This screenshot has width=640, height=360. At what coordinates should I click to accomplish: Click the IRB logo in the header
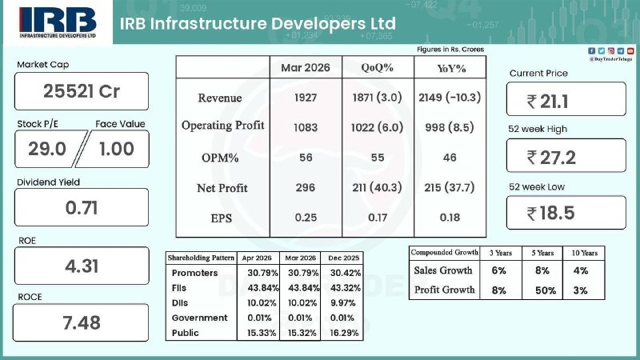pyautogui.click(x=58, y=22)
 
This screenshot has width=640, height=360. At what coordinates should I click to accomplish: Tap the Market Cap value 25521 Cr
pyautogui.click(x=82, y=91)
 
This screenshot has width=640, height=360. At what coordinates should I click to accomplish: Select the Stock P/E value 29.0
pyautogui.click(x=47, y=149)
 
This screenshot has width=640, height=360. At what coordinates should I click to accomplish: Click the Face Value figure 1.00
pyautogui.click(x=117, y=149)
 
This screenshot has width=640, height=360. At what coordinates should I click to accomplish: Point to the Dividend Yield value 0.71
pyautogui.click(x=82, y=208)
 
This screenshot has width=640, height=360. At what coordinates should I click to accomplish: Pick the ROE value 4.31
pyautogui.click(x=82, y=266)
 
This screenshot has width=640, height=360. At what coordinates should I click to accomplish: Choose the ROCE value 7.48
pyautogui.click(x=82, y=323)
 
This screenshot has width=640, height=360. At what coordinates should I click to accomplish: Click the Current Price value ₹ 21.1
pyautogui.click(x=547, y=102)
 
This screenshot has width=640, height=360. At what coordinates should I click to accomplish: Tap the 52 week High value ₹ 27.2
pyautogui.click(x=551, y=158)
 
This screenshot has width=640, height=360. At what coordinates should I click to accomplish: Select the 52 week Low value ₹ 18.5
pyautogui.click(x=550, y=213)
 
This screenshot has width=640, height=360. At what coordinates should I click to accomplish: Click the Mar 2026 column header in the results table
pyautogui.click(x=306, y=67)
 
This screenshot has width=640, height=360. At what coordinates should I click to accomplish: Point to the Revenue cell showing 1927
pyautogui.click(x=306, y=98)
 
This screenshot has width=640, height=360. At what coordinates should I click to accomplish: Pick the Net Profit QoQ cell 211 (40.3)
pyautogui.click(x=377, y=187)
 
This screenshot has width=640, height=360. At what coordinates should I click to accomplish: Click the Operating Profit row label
pyautogui.click(x=223, y=126)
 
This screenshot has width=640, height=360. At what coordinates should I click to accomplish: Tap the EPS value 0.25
pyautogui.click(x=306, y=218)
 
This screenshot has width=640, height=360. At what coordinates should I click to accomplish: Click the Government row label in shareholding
pyautogui.click(x=199, y=318)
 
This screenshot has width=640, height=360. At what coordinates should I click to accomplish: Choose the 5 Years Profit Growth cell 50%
pyautogui.click(x=546, y=290)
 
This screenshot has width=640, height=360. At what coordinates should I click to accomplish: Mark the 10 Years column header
pyautogui.click(x=585, y=253)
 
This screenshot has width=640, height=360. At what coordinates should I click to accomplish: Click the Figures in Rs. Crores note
pyautogui.click(x=450, y=50)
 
